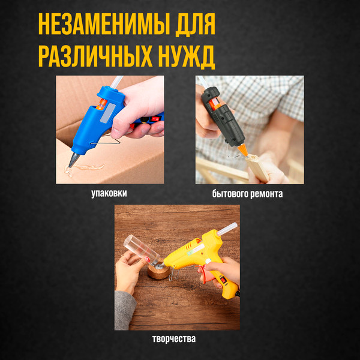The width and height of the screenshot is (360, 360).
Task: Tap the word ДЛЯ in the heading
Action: point(192,26)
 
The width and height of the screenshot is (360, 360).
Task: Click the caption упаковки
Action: point(109,193)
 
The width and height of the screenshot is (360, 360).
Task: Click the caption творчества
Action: point(174,339)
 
